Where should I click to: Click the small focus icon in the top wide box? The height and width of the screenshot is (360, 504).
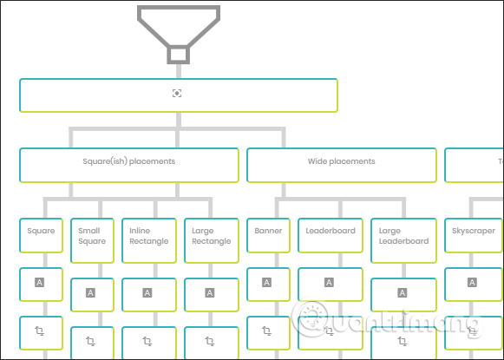(178, 93)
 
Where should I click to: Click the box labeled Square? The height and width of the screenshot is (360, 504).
(41, 235)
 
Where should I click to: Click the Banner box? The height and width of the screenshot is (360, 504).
(269, 235)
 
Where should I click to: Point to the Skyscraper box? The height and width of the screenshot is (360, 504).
(474, 235)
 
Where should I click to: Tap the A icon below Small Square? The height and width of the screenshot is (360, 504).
(92, 293)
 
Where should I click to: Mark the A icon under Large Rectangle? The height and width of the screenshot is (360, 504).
(211, 293)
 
